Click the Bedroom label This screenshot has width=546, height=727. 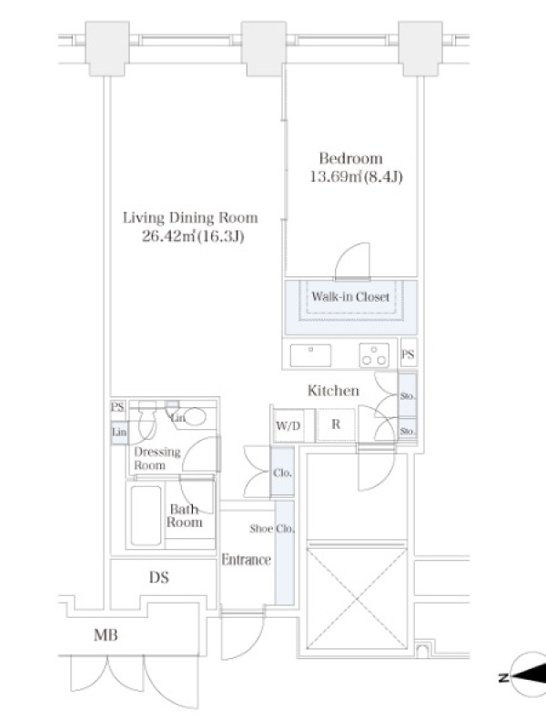[x=351, y=158]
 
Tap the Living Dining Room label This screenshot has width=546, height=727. [x=190, y=218]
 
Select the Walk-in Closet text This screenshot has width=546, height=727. [x=350, y=297]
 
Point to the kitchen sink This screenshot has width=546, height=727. [x=310, y=355]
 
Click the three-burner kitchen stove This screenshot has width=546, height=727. [x=374, y=355]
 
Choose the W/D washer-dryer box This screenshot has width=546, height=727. [x=288, y=425]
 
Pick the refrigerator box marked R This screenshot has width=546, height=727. [x=336, y=424]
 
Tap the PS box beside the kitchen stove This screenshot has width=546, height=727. [x=408, y=354]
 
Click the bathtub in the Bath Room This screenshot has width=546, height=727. [x=146, y=515]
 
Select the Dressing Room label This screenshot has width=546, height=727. [x=157, y=459]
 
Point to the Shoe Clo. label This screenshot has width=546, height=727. [x=272, y=529]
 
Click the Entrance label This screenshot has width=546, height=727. [x=246, y=560]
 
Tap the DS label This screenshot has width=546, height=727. [x=158, y=578]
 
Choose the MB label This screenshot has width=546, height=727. [x=106, y=634]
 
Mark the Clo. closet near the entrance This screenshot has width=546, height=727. [x=282, y=473]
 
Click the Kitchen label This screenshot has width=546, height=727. [x=333, y=391]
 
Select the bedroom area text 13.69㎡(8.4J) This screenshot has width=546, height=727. [x=356, y=177]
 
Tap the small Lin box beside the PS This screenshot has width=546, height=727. [x=119, y=433]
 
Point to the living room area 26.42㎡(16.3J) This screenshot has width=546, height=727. [x=193, y=237]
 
